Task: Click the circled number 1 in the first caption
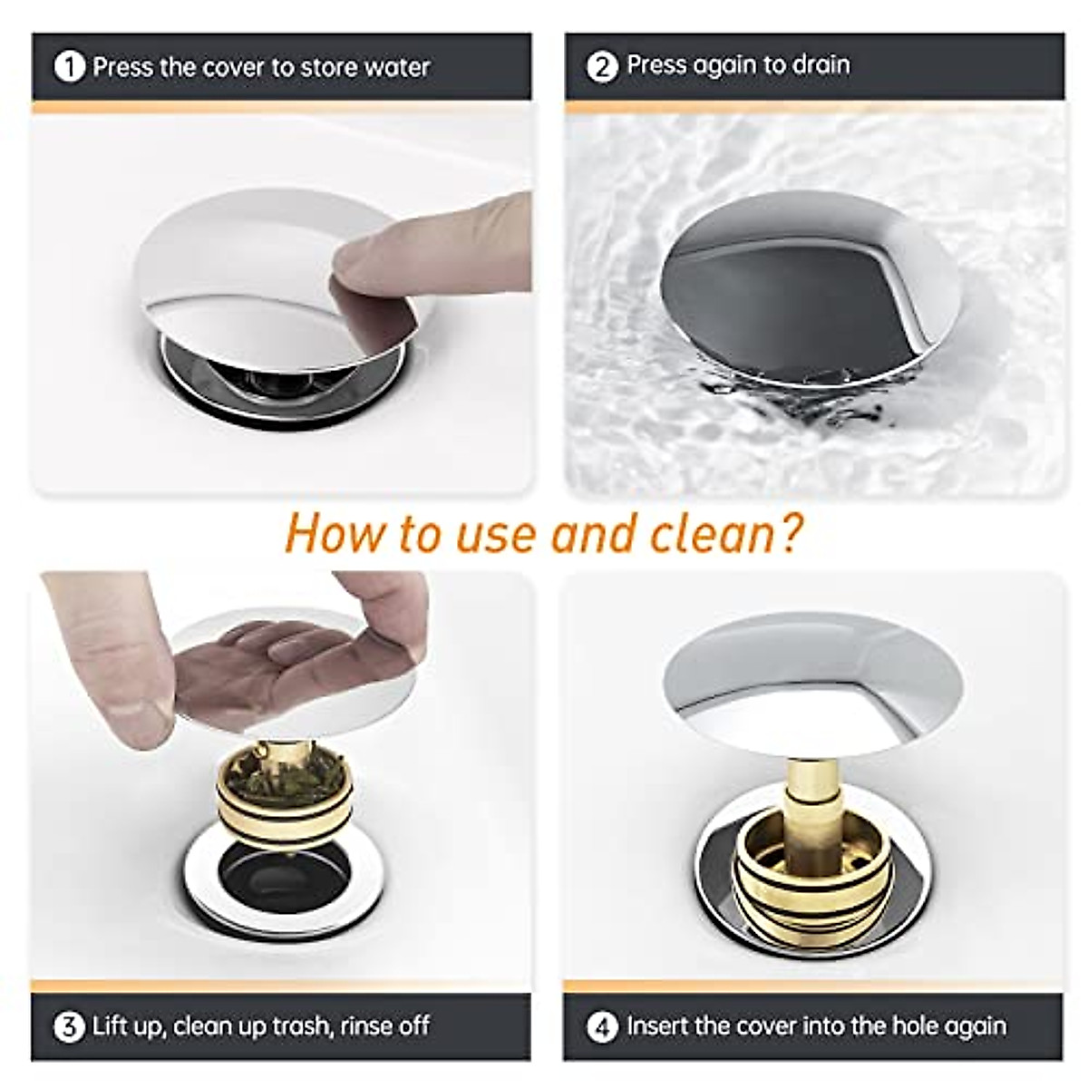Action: (x=69, y=67)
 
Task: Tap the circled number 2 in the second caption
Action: (x=602, y=66)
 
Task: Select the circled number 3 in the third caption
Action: (x=69, y=1026)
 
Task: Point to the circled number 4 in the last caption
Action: (x=602, y=1027)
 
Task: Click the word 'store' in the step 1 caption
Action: (x=329, y=67)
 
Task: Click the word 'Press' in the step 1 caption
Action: (x=121, y=67)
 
